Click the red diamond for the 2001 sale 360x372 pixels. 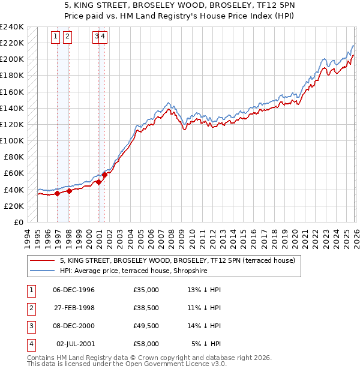tap(104, 175)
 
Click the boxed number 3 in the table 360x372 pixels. tap(29, 327)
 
